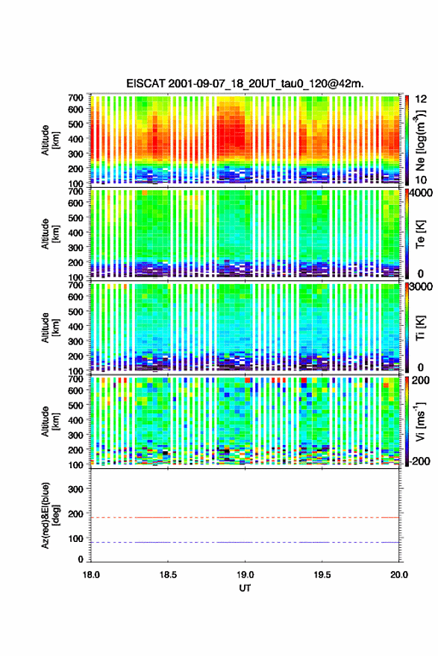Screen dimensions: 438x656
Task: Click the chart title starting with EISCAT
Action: click(245, 83)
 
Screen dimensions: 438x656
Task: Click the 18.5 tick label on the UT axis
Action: click(168, 575)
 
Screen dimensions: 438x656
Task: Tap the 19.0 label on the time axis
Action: click(245, 575)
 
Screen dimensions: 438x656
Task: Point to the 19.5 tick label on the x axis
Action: click(322, 575)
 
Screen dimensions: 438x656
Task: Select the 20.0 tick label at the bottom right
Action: click(399, 575)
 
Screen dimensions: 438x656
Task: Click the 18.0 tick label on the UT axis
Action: click(91, 575)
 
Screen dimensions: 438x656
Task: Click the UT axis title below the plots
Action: click(245, 588)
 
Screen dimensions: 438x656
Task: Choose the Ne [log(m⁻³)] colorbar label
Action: click(420, 140)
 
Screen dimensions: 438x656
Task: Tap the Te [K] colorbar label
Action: click(420, 234)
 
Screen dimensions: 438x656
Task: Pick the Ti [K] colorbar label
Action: click(420, 327)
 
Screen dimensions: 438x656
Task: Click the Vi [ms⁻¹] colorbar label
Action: click(420, 421)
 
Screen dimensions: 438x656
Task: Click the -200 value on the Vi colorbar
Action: click(419, 461)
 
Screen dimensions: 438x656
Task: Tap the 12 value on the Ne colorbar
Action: click(422, 99)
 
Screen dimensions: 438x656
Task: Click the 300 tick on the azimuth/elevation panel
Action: click(75, 489)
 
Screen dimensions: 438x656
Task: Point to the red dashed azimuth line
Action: click(245, 517)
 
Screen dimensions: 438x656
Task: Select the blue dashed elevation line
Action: click(245, 542)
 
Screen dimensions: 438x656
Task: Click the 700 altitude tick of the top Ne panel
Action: click(75, 98)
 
